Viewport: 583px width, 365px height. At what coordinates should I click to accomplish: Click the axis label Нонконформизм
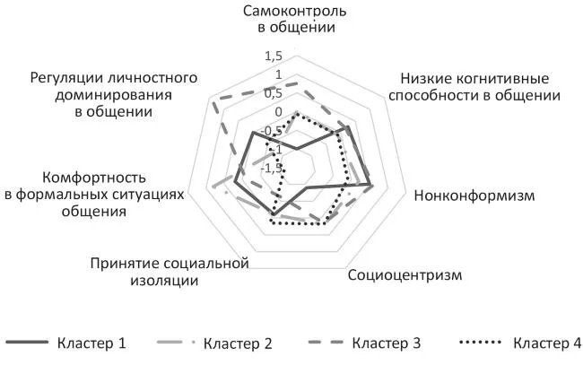point(474,196)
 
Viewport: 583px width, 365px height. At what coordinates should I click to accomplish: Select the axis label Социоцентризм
point(405,275)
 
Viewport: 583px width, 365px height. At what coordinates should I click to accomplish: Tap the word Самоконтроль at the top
point(295,11)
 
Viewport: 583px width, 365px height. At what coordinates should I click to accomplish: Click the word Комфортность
point(94,178)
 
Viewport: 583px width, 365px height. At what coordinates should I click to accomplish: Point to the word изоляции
point(164,281)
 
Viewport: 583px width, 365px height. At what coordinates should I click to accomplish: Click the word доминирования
point(113,95)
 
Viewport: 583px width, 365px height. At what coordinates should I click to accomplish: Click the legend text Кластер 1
point(91,343)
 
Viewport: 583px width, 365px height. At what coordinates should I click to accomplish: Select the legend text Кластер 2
point(238,343)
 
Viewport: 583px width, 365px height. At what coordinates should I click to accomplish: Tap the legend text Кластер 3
point(387,343)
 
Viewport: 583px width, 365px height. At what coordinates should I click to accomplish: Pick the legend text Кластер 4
point(547,343)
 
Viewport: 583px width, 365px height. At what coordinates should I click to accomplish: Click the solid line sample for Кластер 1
point(27,342)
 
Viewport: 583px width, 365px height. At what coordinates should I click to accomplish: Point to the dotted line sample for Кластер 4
point(481,342)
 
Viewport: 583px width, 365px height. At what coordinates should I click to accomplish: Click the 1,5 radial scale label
point(274,56)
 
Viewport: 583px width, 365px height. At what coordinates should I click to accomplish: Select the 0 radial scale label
point(278,112)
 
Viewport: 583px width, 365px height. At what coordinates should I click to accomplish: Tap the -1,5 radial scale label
point(272,169)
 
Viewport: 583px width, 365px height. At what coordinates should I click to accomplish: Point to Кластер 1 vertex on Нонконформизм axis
point(370,185)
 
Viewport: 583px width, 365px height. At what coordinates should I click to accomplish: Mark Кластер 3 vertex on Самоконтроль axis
point(297,83)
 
